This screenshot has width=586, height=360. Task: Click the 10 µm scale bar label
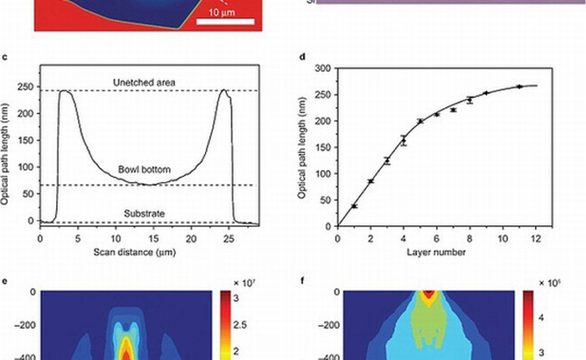(221, 13)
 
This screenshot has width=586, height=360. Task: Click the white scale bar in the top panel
(225, 23)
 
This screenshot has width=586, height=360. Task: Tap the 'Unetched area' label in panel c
(145, 81)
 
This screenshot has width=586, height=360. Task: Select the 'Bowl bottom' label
(145, 170)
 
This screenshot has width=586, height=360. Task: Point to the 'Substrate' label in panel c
(145, 214)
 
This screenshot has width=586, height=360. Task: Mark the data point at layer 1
(354, 206)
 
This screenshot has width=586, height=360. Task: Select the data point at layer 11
(519, 86)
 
